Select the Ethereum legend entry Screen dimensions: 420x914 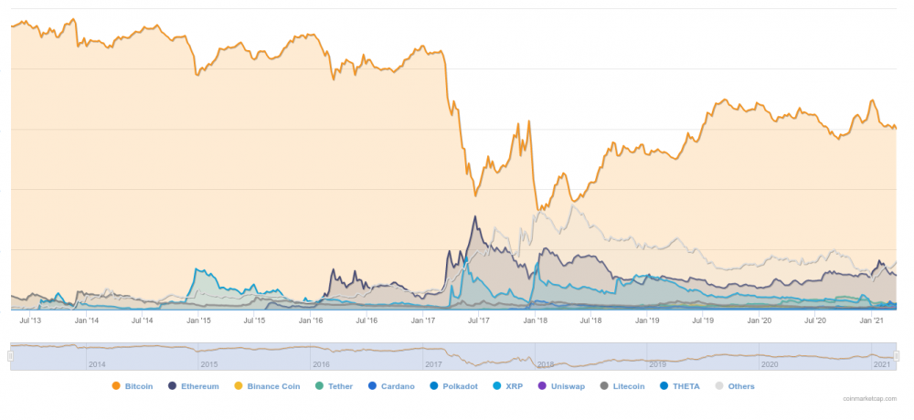tap(194, 386)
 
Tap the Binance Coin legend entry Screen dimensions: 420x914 tap(267, 386)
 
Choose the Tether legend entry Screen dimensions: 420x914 tap(335, 386)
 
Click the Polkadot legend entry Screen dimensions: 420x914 tap(452, 386)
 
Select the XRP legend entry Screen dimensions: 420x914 tap(507, 386)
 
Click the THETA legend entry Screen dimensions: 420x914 tap(679, 386)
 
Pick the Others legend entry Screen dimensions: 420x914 tap(735, 386)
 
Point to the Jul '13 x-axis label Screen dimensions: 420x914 tap(30, 320)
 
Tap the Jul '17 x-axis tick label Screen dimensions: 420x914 tap(479, 320)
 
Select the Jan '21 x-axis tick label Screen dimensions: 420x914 tap(872, 320)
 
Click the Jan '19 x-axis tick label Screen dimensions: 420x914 tap(647, 320)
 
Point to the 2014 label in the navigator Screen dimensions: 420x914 tap(98, 363)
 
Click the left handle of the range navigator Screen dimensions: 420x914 tap(11, 355)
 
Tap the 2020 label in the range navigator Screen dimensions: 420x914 tap(770, 363)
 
